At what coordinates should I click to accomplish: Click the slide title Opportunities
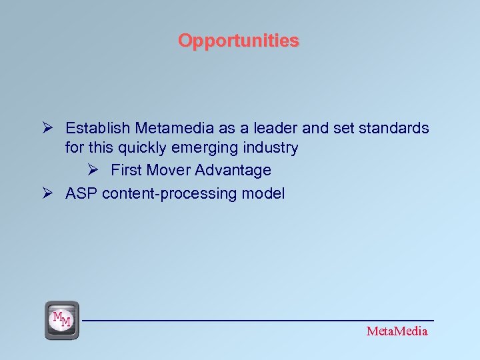point(239,41)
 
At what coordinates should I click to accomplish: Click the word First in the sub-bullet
point(126,170)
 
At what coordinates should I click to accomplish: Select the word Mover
point(169,170)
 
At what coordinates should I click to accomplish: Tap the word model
point(265,193)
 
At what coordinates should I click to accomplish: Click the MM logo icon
point(61,321)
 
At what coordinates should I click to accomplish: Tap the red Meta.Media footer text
point(397,331)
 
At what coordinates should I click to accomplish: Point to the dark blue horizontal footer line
point(260,321)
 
